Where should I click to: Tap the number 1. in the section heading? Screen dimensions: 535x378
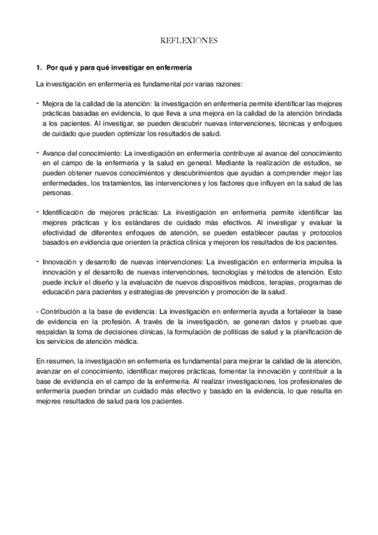tap(39, 67)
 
